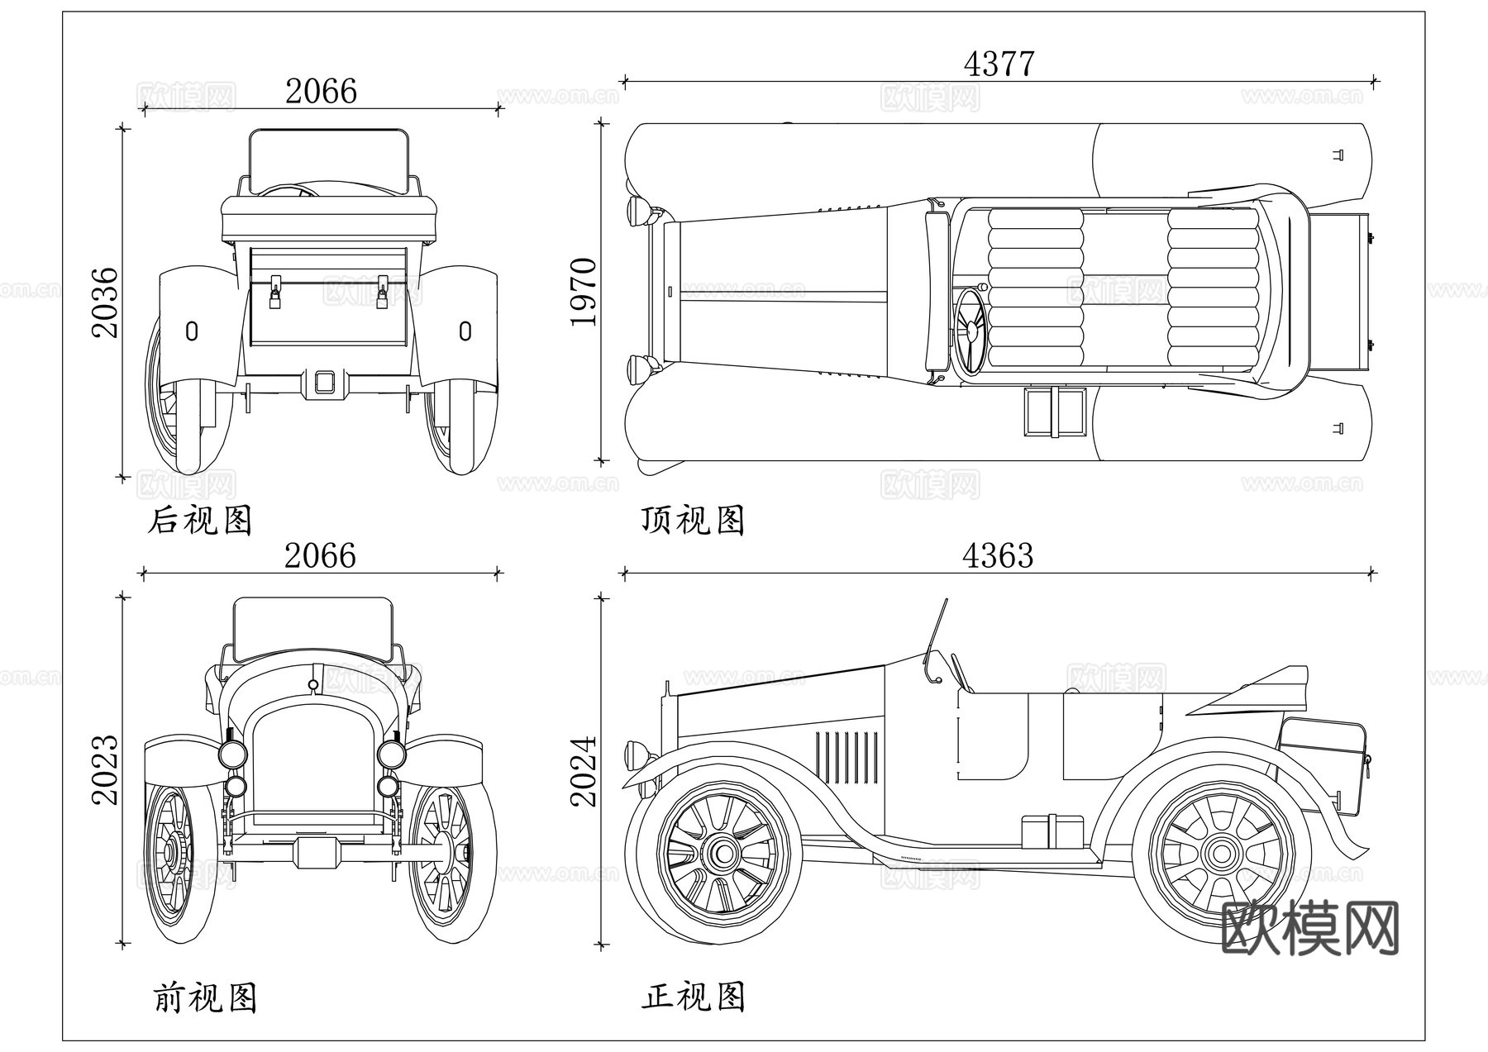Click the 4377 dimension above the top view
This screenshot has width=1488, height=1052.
coord(999,64)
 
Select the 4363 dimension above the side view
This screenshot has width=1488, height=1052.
coord(997,556)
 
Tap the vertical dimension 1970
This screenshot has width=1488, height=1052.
coord(584,292)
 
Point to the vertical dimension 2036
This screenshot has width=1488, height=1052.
coord(106,302)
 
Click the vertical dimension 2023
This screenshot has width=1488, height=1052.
coord(106,769)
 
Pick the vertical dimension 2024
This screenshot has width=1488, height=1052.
coord(584,770)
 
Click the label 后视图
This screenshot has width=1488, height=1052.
coord(199,521)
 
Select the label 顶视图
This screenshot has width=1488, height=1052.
coord(693,521)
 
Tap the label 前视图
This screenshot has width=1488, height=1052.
coord(204,997)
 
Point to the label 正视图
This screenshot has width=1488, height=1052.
coord(693,997)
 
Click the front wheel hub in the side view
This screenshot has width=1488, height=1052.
coord(723,854)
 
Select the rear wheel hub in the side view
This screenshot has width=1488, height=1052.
coord(1220,854)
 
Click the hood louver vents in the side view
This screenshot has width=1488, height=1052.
coord(847,757)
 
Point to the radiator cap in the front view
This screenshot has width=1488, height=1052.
coord(312,684)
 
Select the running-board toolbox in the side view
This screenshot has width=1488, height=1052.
coord(1052,831)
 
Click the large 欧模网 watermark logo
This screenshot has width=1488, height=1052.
coord(1309,929)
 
